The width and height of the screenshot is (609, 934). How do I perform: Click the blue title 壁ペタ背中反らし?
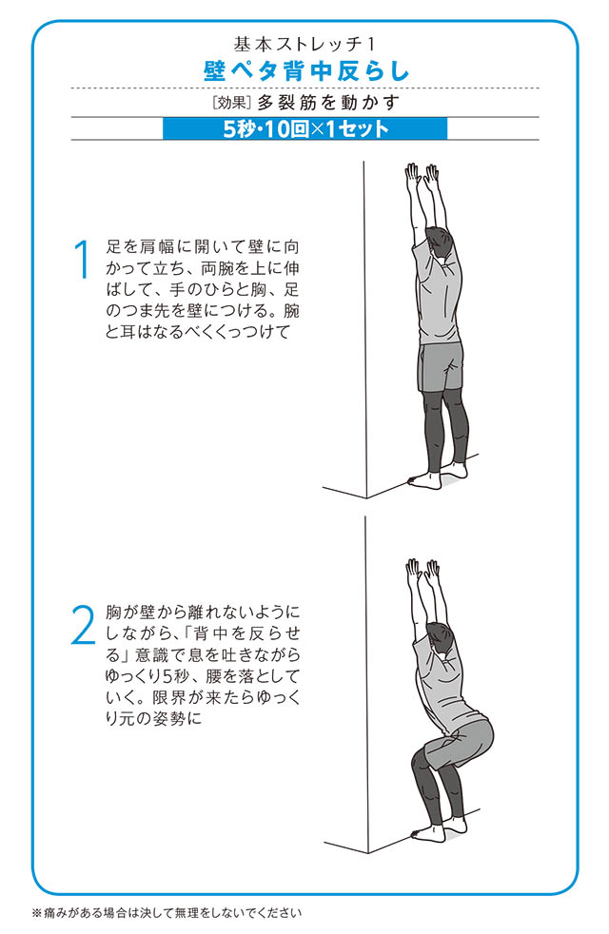pos(306,71)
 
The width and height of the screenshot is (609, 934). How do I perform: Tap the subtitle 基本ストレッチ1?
pos(305,44)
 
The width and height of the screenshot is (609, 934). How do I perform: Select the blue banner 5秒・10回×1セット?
pos(305,128)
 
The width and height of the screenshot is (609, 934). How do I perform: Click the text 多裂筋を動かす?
pos(327,103)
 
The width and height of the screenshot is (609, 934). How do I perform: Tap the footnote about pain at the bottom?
pos(167,912)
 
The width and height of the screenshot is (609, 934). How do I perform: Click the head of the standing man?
pos(444,245)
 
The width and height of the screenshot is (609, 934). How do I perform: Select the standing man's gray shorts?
pos(441,366)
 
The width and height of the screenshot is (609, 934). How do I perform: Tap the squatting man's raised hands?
pos(422,572)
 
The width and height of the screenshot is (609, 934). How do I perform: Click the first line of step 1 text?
pos(202,246)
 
